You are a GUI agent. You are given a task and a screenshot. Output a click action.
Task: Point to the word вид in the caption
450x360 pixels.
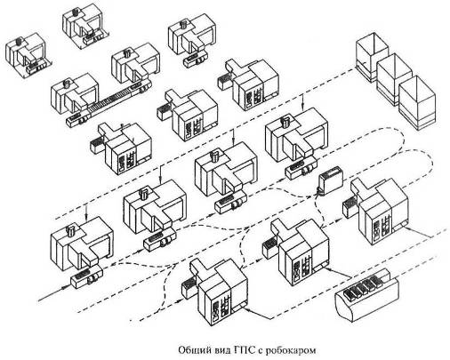(221, 350)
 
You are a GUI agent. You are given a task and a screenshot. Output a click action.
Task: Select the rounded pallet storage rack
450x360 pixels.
(367, 295)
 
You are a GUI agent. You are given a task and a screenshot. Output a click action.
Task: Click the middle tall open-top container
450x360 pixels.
(395, 79)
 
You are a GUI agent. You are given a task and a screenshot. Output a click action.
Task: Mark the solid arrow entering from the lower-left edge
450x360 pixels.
(55, 293)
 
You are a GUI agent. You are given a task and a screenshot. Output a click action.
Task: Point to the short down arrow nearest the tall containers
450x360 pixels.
(302, 101)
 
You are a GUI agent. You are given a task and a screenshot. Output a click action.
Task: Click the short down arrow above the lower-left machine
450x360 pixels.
(85, 212)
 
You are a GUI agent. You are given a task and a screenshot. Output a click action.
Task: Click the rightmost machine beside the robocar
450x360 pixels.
(377, 210)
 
